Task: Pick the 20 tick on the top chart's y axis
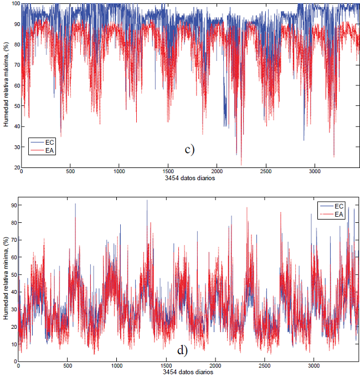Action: (16, 167)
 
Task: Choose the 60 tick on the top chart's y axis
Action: (16, 86)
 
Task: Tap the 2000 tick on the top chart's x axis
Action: (217, 172)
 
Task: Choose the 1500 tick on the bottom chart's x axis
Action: (166, 366)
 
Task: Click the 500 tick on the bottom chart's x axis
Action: (68, 366)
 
